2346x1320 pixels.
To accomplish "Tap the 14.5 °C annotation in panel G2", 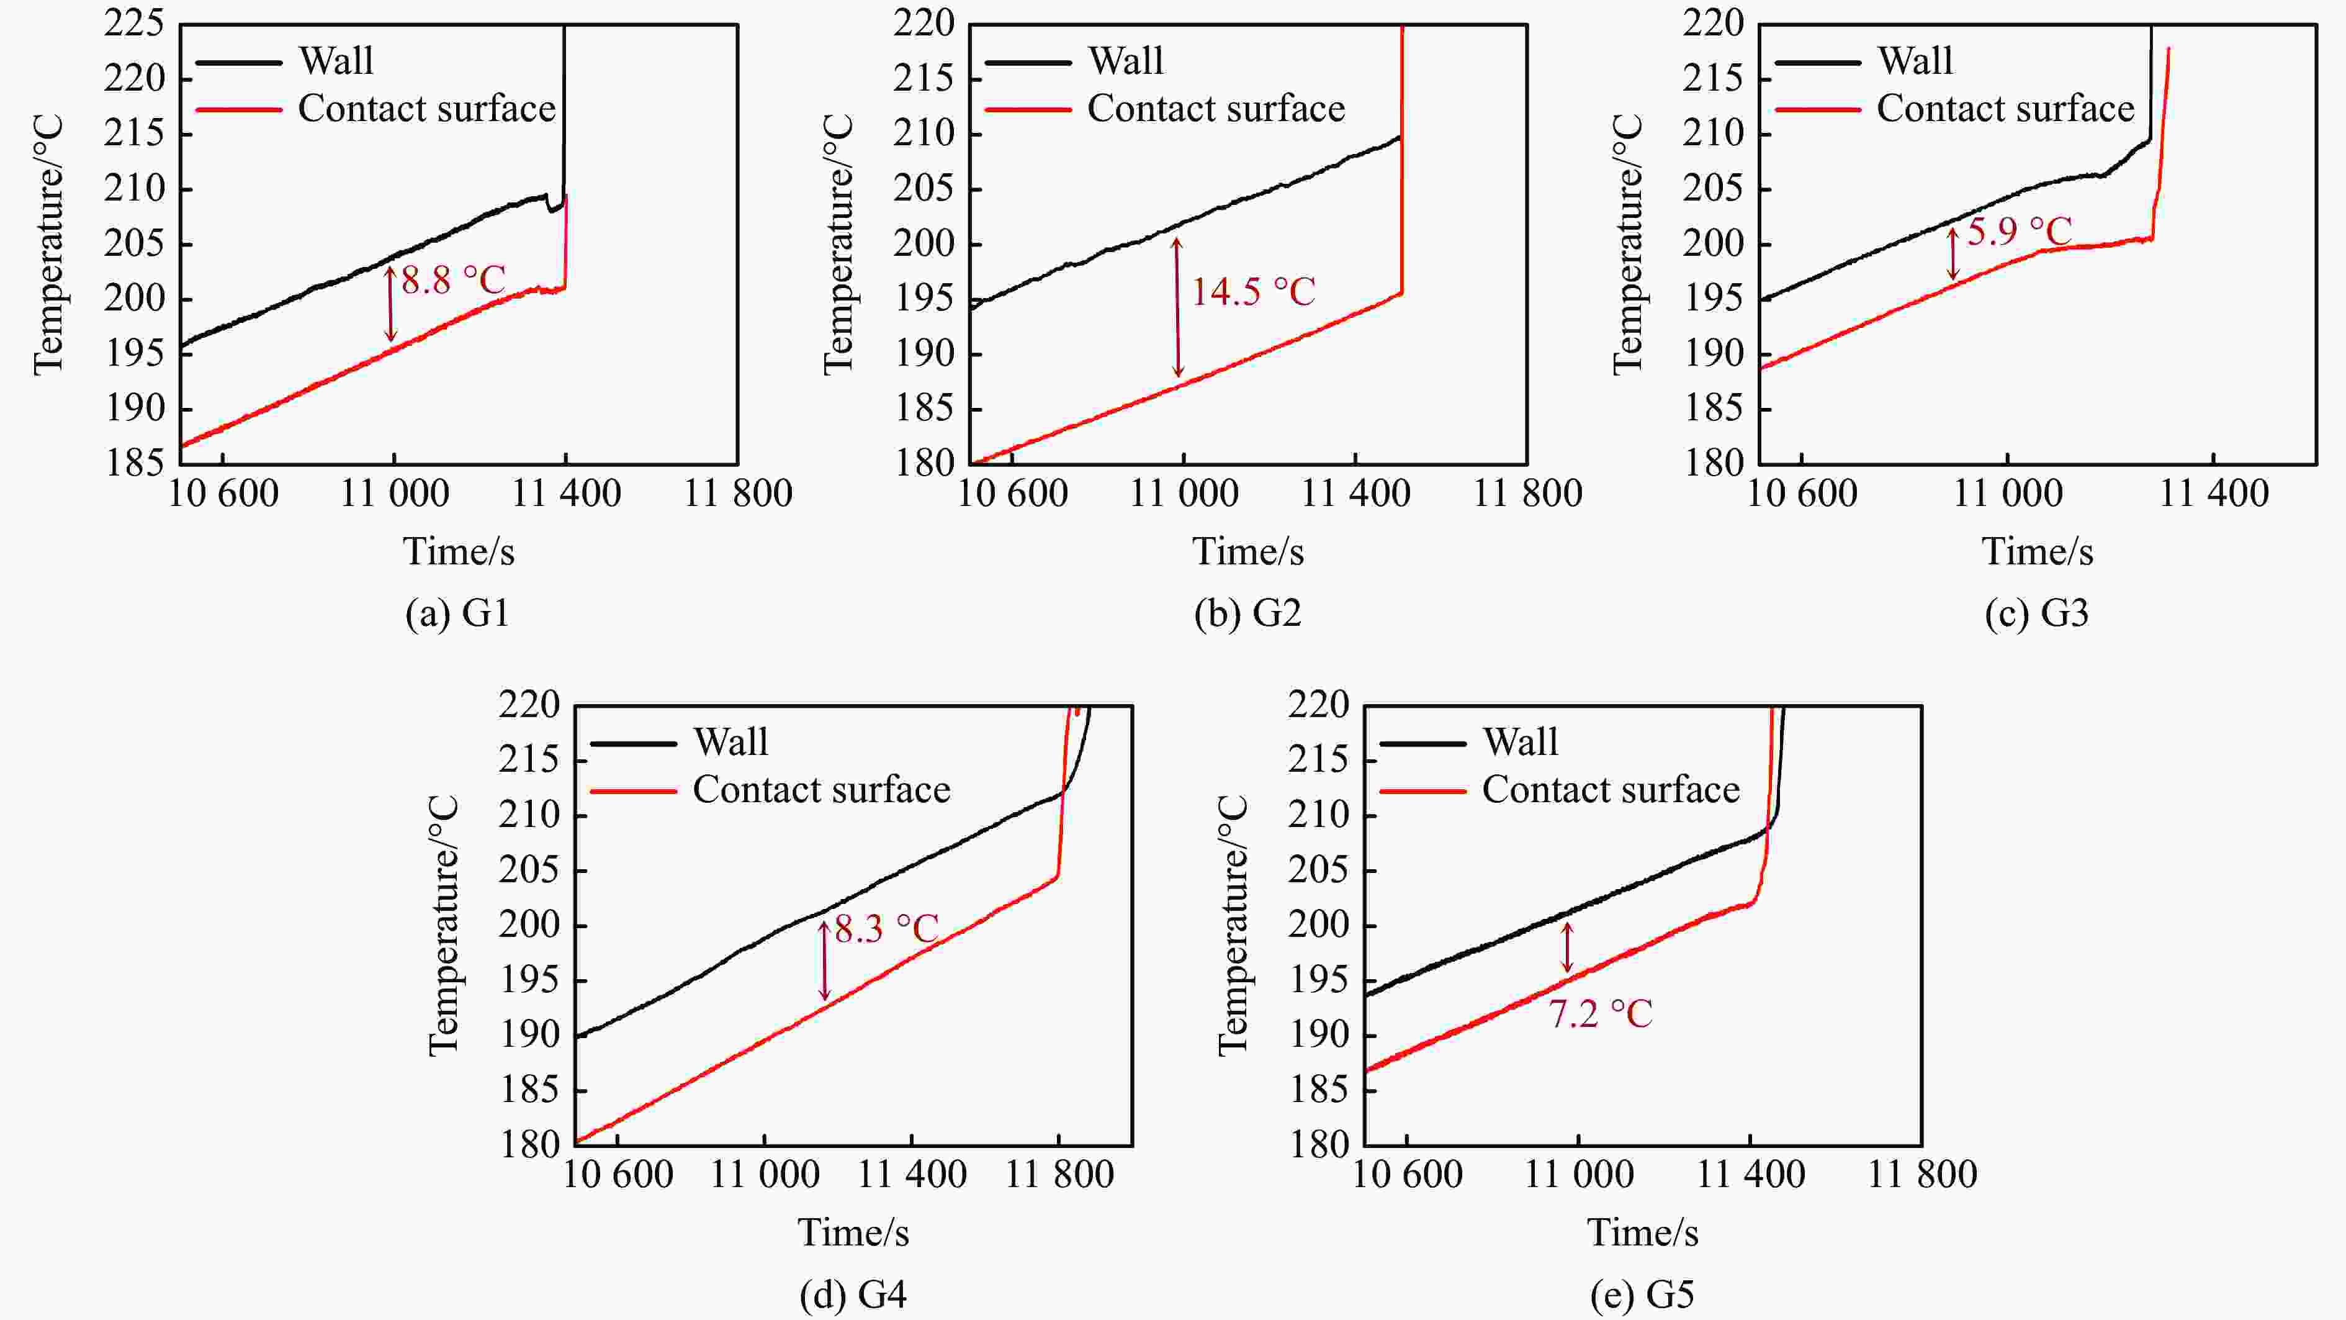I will pyautogui.click(x=1253, y=292).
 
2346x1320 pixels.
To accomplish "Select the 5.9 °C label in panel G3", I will pyautogui.click(x=2019, y=232).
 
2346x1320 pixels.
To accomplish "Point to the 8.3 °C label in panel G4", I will pyautogui.click(x=886, y=928).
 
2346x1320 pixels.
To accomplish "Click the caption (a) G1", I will pyautogui.click(x=457, y=613).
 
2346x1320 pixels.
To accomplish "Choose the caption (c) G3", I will pyautogui.click(x=2036, y=613).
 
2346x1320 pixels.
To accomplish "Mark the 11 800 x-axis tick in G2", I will pyautogui.click(x=1527, y=494).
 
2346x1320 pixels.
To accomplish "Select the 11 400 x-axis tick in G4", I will pyautogui.click(x=912, y=1174).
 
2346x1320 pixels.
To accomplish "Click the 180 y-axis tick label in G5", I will pyautogui.click(x=1318, y=1144).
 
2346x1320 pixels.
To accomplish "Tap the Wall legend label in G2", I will pyautogui.click(x=1126, y=61).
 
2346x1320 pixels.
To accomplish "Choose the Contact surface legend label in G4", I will pyautogui.click(x=822, y=789).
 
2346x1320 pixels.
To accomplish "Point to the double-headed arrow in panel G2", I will pyautogui.click(x=1177, y=307).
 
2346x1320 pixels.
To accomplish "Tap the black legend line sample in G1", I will pyautogui.click(x=238, y=62).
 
